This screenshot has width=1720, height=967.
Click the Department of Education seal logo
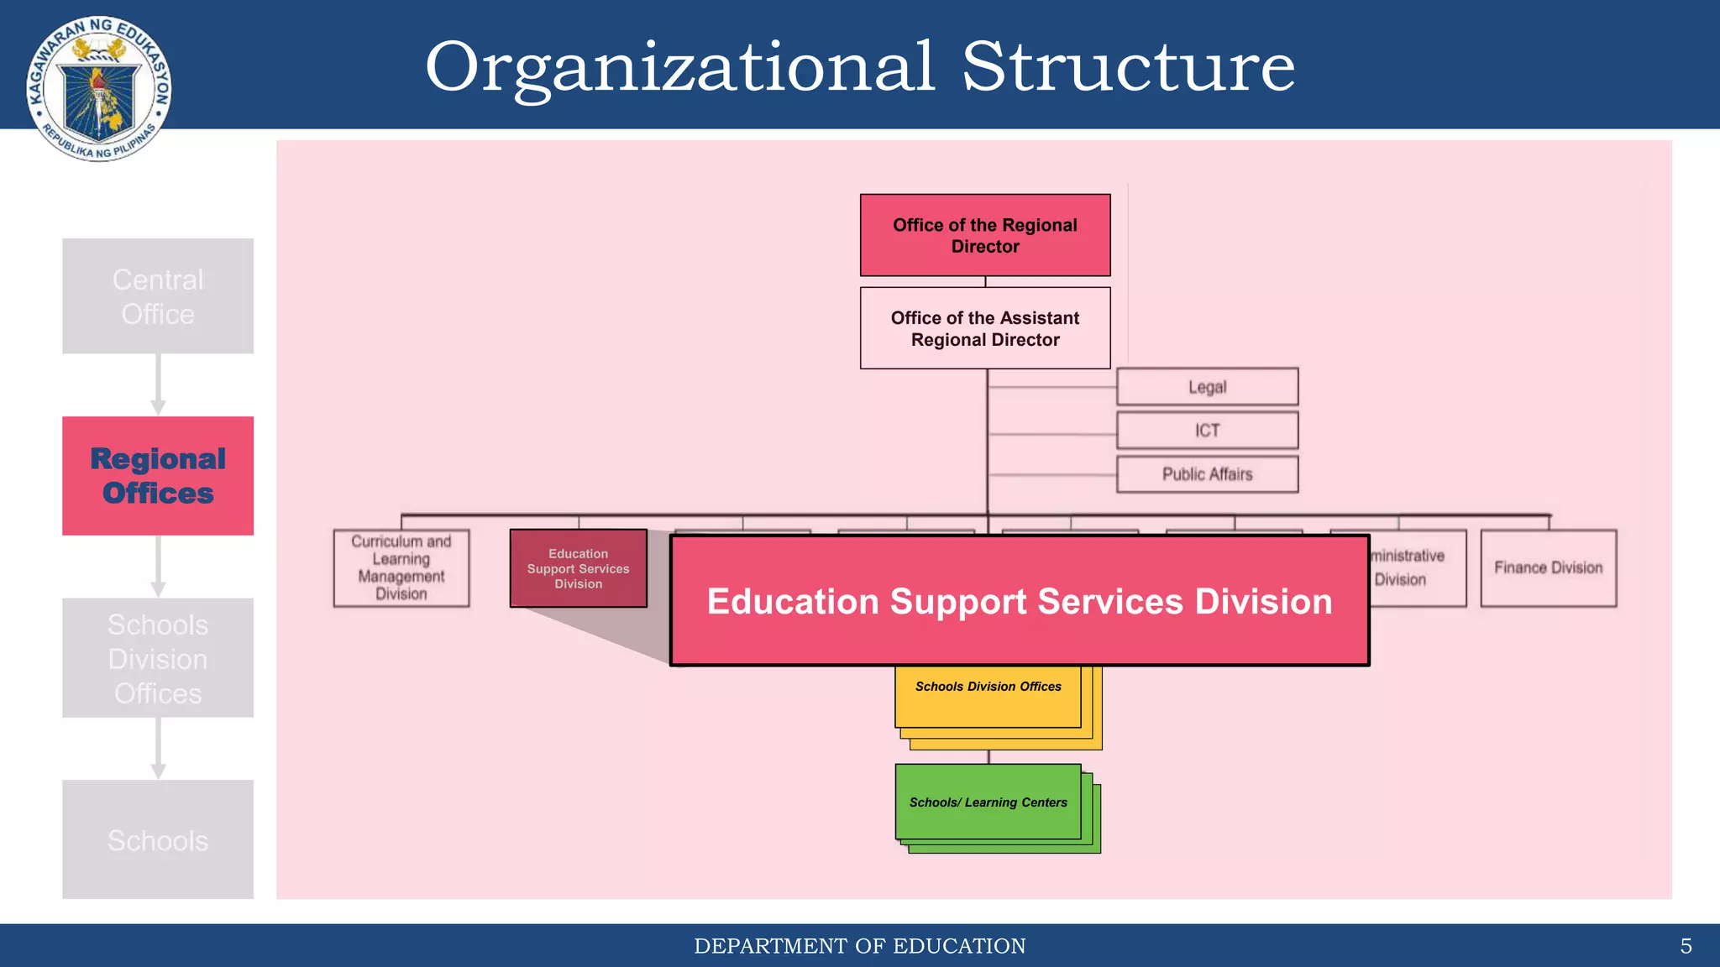point(99,88)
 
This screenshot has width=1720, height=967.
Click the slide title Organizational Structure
point(860,67)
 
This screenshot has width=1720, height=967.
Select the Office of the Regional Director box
point(985,235)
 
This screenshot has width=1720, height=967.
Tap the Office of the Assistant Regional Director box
point(985,328)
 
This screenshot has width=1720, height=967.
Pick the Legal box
point(1207,387)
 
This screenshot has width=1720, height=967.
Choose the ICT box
point(1207,431)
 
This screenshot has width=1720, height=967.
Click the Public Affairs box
point(1207,474)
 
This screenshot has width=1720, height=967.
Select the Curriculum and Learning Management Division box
point(401,567)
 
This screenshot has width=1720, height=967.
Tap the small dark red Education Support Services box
point(578,568)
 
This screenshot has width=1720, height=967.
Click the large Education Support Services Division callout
point(1020,601)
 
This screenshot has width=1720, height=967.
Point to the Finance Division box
point(1548,567)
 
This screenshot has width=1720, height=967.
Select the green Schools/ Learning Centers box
point(988,802)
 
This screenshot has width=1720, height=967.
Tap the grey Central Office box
point(158,296)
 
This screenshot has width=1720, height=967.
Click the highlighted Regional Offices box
point(158,476)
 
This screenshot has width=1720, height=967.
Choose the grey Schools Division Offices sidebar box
point(158,658)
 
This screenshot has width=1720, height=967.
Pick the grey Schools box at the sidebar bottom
point(158,839)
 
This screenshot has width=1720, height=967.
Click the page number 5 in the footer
point(1686,946)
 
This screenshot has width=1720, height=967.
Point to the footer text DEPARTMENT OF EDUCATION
point(860,946)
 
